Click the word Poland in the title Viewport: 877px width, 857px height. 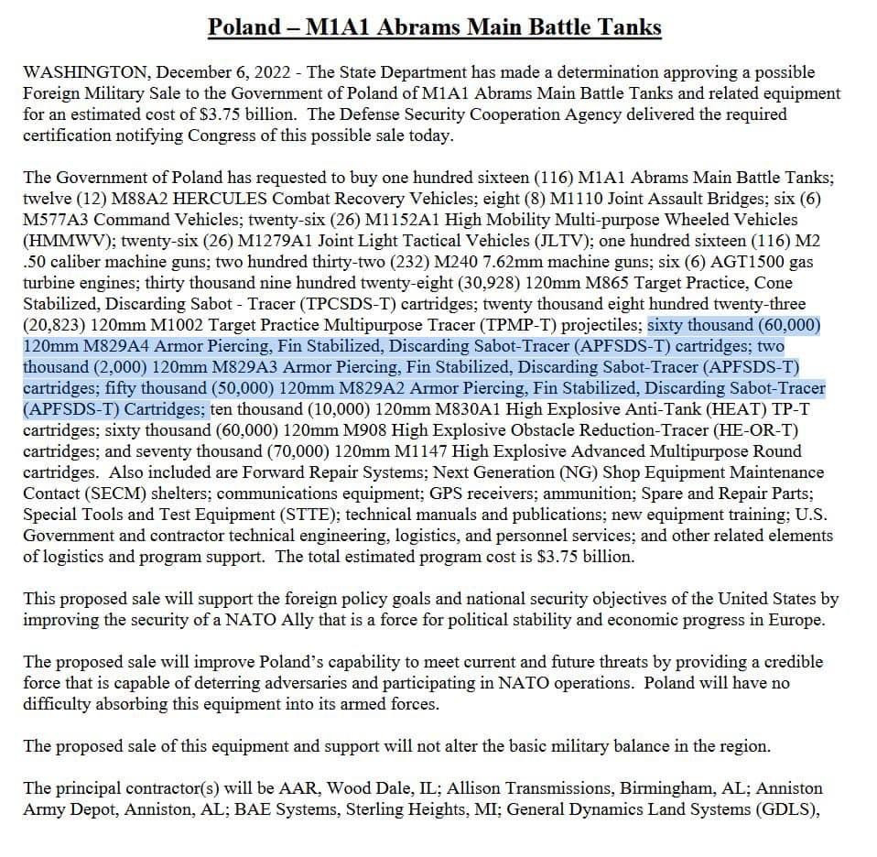244,27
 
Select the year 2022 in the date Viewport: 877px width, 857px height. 275,71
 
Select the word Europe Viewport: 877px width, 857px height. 801,620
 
